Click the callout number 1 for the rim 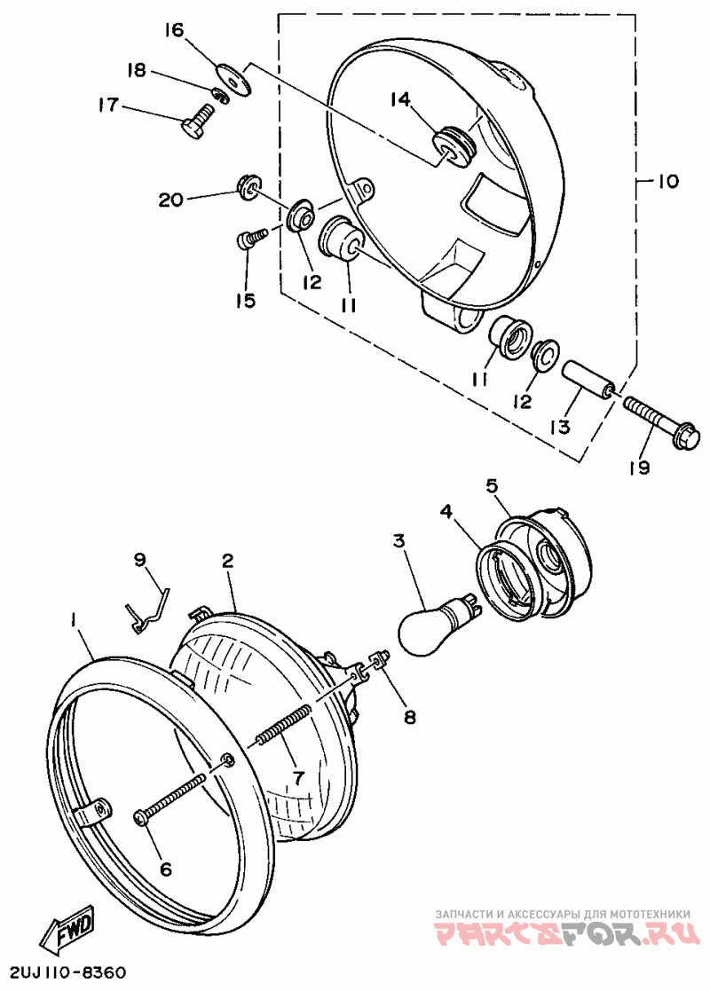click(75, 617)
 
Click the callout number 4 click(446, 511)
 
